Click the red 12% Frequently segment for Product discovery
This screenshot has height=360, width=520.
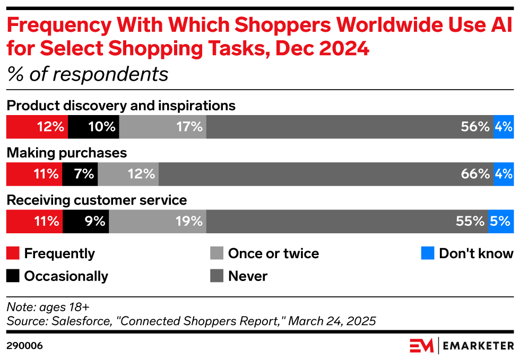[x=37, y=127]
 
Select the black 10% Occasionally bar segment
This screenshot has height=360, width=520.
[x=93, y=127]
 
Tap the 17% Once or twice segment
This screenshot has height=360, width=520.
[x=162, y=127]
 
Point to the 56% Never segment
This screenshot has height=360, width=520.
[x=349, y=127]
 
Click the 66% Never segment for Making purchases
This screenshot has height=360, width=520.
[x=325, y=174]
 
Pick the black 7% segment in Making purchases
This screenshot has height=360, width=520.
[x=80, y=174]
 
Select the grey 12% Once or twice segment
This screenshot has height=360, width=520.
[x=128, y=174]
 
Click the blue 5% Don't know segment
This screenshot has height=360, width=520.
[x=500, y=221]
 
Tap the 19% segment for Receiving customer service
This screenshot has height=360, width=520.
[x=158, y=221]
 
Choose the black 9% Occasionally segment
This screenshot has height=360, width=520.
[x=86, y=221]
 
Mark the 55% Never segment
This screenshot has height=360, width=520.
[x=346, y=221]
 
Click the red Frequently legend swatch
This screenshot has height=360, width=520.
[x=13, y=253]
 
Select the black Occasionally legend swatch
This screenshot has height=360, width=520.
[x=13, y=276]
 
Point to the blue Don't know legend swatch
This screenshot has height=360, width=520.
[x=427, y=253]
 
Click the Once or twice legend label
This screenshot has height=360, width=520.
[x=273, y=253]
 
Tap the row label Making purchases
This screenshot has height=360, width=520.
[x=67, y=153]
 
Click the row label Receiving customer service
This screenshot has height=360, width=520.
[x=97, y=200]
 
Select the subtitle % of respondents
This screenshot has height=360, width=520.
[x=88, y=74]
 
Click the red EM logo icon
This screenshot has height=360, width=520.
[x=422, y=346]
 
